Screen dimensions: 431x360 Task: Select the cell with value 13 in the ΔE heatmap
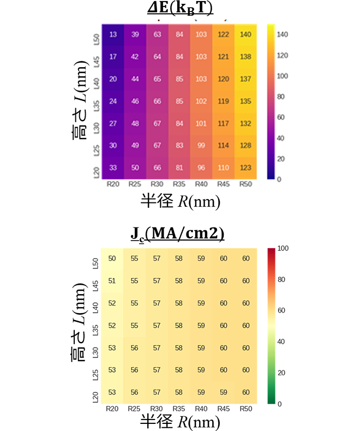tap(113, 34)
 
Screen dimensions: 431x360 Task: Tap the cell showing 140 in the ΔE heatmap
tap(246, 34)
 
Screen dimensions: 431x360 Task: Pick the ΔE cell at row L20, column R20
tap(113, 167)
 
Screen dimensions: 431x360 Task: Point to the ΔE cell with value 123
tap(246, 167)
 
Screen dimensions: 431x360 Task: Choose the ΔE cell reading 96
tap(202, 167)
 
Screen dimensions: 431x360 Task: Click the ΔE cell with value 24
tap(113, 101)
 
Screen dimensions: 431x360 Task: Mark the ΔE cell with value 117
tap(224, 123)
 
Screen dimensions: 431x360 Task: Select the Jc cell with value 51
tap(113, 281)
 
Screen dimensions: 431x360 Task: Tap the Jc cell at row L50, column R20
tap(113, 258)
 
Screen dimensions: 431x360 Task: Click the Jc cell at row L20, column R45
tap(224, 393)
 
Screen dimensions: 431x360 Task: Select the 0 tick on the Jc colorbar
tap(279, 404)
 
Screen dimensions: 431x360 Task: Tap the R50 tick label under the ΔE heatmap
tap(246, 184)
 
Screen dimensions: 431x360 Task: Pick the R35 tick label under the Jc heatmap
tap(179, 409)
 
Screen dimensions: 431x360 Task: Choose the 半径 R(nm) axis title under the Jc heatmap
tap(179, 422)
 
